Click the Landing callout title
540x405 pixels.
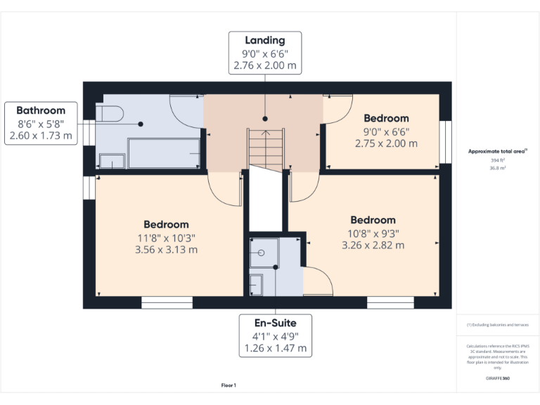tap(265, 40)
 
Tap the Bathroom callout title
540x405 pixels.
tap(41, 110)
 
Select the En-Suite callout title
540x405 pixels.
tap(275, 323)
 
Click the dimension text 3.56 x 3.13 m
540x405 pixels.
tap(166, 250)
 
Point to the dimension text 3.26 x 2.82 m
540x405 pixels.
tap(373, 245)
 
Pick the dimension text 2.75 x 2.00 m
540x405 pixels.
tap(386, 143)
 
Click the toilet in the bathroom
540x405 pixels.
tap(110, 112)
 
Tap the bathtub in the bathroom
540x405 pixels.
tap(163, 153)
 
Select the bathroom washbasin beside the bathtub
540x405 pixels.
tap(111, 161)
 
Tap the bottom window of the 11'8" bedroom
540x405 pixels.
tap(167, 303)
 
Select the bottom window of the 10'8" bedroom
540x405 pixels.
tap(390, 303)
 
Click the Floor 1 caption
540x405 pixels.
tap(229, 385)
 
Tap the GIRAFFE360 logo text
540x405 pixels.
tap(497, 378)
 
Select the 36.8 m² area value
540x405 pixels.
tap(498, 168)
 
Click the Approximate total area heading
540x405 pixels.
tap(497, 151)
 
